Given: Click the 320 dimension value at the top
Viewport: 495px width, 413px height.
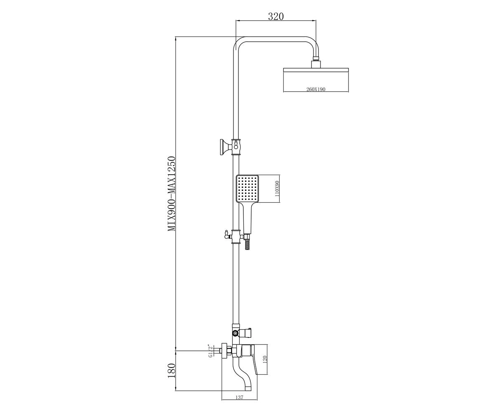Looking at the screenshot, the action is (x=276, y=16).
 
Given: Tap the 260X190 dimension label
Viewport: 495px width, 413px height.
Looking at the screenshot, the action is (x=316, y=89).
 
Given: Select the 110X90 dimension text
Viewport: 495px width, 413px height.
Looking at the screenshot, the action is (x=277, y=189).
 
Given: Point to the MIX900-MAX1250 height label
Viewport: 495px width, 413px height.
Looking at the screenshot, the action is (x=171, y=193).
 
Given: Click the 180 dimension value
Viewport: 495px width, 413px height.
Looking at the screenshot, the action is (x=171, y=373).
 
